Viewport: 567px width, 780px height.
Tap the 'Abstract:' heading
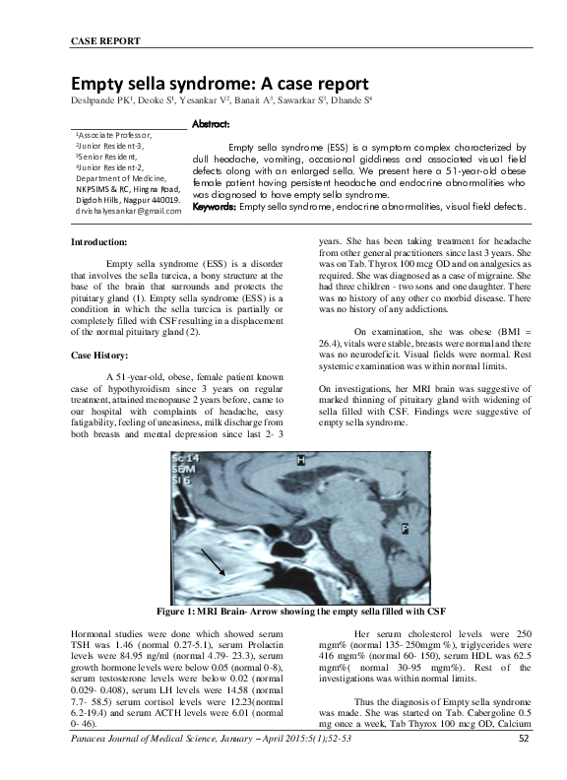[211, 125]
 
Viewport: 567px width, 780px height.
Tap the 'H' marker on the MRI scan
[301, 458]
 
